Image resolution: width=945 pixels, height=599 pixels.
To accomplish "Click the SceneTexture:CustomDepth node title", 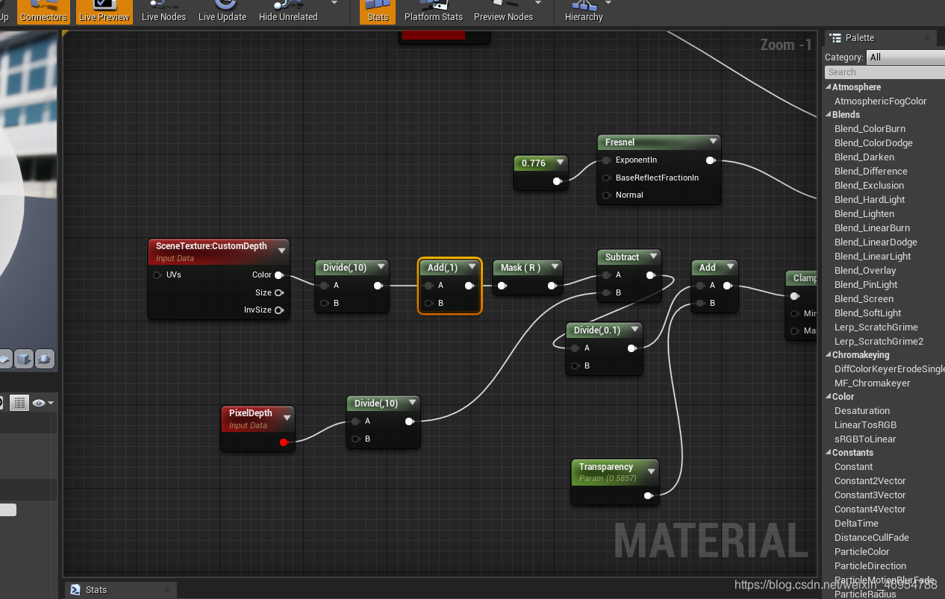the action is [211, 246].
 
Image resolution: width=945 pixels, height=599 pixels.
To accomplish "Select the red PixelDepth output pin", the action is [283, 442].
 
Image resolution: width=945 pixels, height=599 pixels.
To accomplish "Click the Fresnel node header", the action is [620, 142].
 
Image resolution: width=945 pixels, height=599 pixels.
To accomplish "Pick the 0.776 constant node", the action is [534, 163].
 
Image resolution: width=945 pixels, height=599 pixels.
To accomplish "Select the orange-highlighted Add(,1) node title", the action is [443, 267].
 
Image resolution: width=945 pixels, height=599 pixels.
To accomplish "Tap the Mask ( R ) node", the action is [520, 267].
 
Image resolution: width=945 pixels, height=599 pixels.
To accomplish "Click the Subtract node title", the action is [622, 257].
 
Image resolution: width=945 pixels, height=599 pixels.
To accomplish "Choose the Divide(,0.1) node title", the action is [596, 330].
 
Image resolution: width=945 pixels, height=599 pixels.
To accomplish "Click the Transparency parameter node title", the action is [606, 467].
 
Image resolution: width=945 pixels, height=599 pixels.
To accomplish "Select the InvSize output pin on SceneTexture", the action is [279, 310].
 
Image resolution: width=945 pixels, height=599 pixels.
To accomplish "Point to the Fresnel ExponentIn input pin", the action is [607, 160].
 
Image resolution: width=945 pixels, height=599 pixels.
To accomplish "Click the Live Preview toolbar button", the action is [105, 11].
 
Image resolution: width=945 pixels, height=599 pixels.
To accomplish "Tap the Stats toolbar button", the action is [378, 11].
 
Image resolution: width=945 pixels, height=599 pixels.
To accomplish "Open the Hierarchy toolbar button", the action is [584, 11].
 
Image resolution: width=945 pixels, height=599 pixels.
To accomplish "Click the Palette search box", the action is [884, 72].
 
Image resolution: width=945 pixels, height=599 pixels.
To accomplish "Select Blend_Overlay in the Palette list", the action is [864, 271].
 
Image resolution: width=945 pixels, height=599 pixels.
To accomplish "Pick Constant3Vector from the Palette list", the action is [870, 495].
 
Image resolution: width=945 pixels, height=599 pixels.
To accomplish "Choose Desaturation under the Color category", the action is [861, 411].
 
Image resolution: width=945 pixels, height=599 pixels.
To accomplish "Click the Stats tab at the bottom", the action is [96, 589].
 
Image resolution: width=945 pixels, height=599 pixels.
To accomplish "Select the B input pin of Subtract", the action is [607, 293].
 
